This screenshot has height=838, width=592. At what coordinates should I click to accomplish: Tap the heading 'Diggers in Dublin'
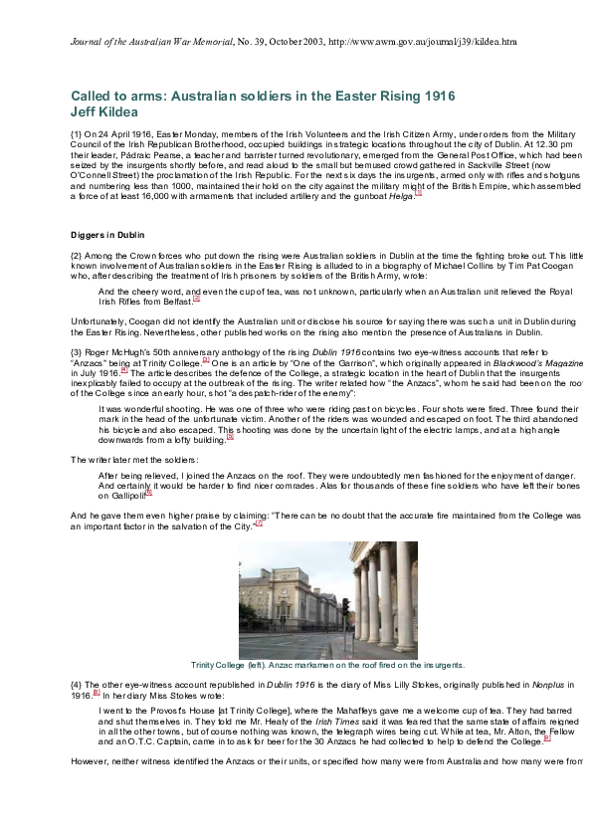107,235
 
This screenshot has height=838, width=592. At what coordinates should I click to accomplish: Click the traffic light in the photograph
346,607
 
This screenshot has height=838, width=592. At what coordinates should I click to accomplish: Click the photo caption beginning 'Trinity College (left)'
327,665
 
